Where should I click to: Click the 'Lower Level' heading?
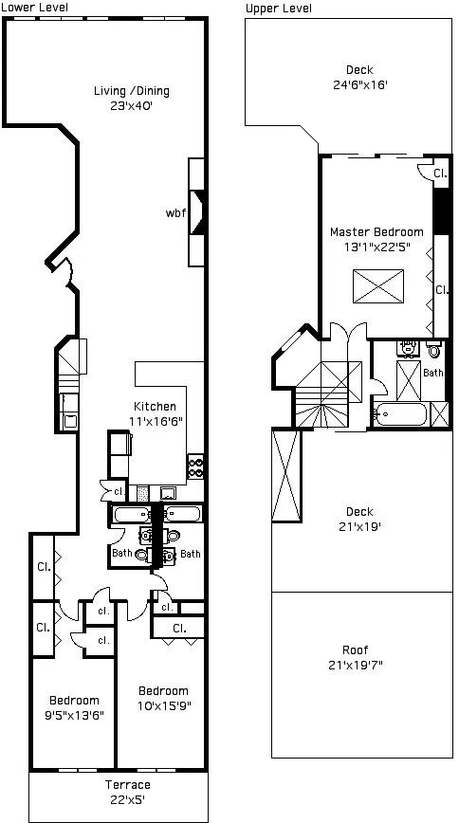pyautogui.click(x=34, y=7)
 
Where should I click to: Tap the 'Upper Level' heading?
pyautogui.click(x=278, y=8)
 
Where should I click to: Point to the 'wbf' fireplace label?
pyautogui.click(x=175, y=212)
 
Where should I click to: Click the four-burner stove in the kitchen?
pyautogui.click(x=196, y=466)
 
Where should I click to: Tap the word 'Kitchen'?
pyautogui.click(x=154, y=407)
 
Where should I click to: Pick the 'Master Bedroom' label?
pyautogui.click(x=376, y=231)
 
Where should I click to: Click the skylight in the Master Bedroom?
pyautogui.click(x=378, y=285)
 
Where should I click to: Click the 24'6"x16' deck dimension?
pyautogui.click(x=359, y=84)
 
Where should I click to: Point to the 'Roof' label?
pyautogui.click(x=356, y=650)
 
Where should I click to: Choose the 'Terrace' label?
pyautogui.click(x=127, y=785)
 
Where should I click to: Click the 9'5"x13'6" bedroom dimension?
pyautogui.click(x=75, y=716)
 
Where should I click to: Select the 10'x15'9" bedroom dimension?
pyautogui.click(x=163, y=705)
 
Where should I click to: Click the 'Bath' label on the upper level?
pyautogui.click(x=432, y=373)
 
